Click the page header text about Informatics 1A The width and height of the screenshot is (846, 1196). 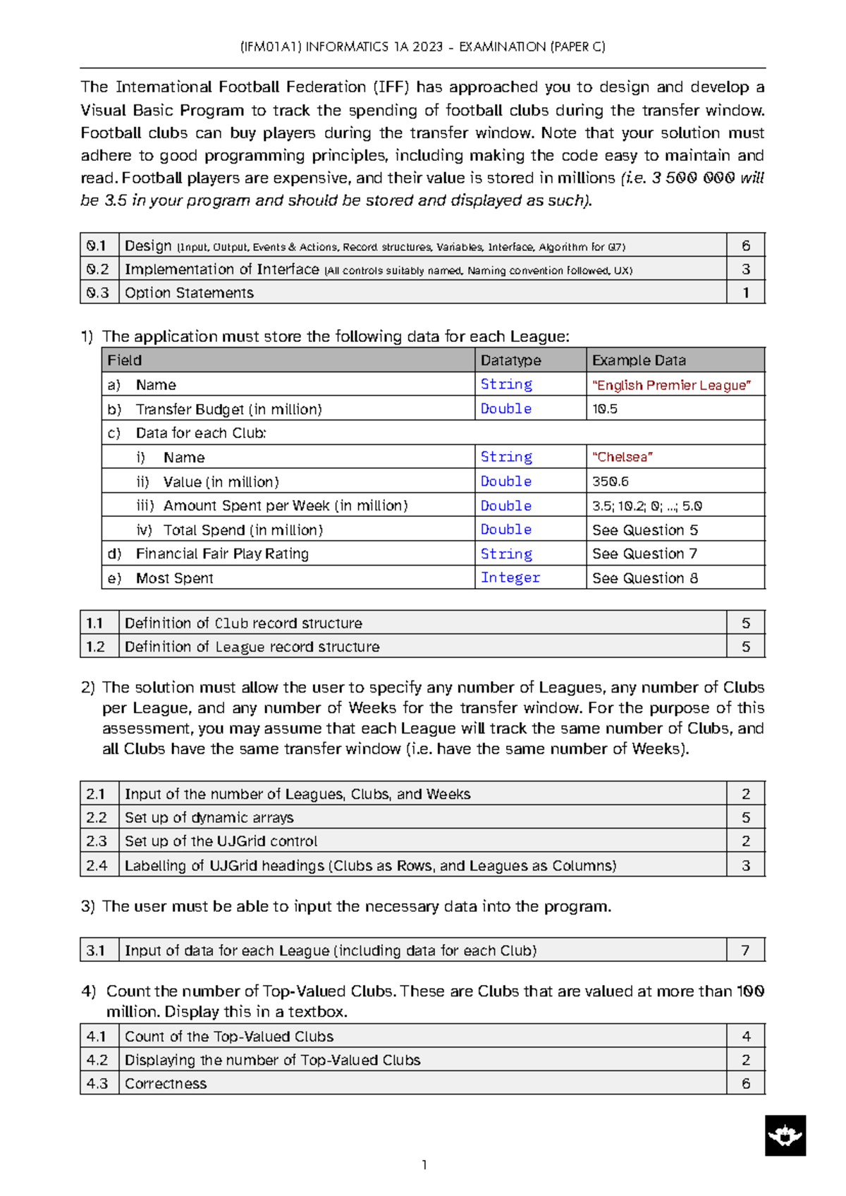(x=422, y=47)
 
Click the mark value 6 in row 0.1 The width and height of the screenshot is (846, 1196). (x=745, y=245)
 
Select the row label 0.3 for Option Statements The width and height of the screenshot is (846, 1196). (x=98, y=293)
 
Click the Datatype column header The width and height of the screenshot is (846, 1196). (x=510, y=360)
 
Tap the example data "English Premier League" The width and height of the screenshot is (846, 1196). (x=671, y=385)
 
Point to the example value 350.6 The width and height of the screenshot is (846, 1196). (x=611, y=482)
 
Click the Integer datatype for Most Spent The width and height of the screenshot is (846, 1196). (x=510, y=578)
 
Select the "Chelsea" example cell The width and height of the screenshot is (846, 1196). (x=623, y=457)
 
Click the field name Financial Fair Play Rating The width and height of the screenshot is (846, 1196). (x=222, y=554)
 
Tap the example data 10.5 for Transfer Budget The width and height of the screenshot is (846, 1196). (x=605, y=409)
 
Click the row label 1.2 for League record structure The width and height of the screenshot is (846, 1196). (x=96, y=647)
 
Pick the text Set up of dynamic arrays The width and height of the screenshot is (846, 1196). (x=209, y=817)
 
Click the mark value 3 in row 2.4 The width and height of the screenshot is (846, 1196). (x=745, y=865)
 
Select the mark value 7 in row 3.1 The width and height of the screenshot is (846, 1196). (x=745, y=950)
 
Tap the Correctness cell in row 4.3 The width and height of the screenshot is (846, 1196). (x=166, y=1083)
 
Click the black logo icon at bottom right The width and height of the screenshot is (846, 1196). (x=785, y=1135)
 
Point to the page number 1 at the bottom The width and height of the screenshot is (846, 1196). (x=424, y=1164)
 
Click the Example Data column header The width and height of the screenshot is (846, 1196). (x=638, y=360)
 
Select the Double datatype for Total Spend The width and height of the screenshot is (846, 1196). (x=505, y=530)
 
